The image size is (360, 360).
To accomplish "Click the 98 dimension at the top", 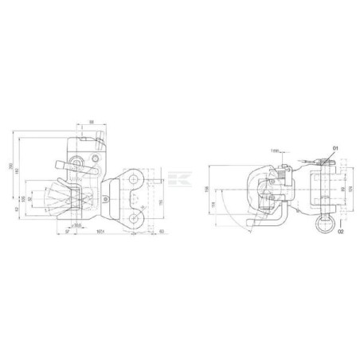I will (92, 121).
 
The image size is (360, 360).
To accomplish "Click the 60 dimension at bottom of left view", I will (161, 231).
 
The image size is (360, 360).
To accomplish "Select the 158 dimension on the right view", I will (206, 188).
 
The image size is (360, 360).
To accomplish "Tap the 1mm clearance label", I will (275, 149).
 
